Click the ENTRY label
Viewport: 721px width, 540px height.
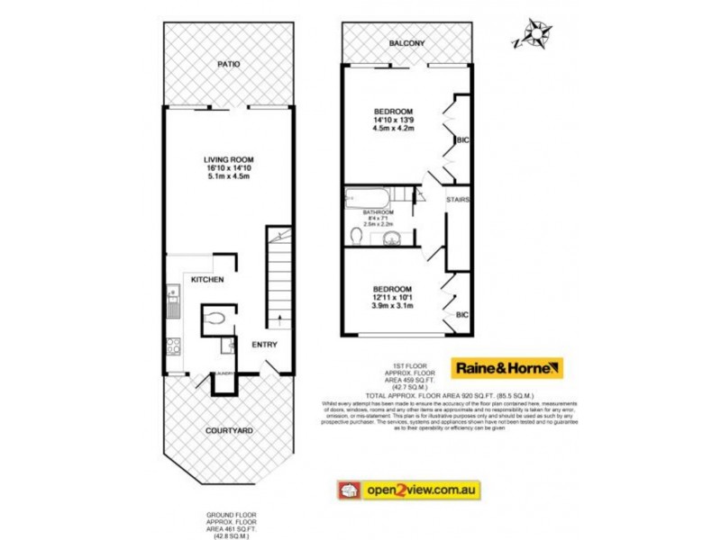(264, 345)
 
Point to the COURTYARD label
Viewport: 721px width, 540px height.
(228, 431)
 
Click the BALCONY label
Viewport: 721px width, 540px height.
(406, 43)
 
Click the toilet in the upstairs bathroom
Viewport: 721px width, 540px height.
(359, 236)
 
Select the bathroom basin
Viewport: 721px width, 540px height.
(391, 238)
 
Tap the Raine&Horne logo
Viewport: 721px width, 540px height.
(508, 369)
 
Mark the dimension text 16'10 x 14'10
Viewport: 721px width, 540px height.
(228, 167)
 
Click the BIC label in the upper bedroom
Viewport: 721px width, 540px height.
(462, 140)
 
